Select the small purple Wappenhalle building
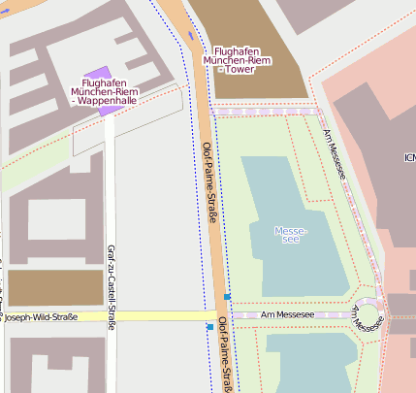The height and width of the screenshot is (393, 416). (98, 75)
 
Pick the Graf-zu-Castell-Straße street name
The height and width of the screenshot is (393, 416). (111, 286)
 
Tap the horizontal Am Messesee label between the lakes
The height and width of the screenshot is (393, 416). (288, 315)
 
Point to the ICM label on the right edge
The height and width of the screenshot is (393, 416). (409, 157)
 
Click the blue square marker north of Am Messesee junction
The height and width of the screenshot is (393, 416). (227, 296)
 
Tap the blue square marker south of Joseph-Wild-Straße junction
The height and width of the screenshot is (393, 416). (209, 328)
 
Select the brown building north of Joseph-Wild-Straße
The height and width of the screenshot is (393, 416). (55, 288)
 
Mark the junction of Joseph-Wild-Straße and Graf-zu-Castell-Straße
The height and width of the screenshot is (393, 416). (111, 317)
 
